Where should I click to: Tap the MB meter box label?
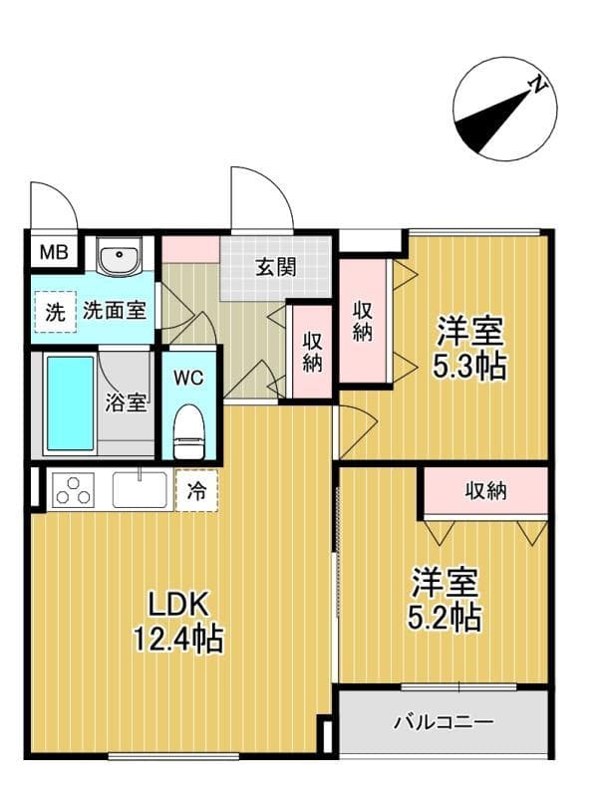(53, 252)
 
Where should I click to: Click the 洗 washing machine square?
(54, 311)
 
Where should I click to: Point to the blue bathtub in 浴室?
(70, 403)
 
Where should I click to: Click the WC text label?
(188, 380)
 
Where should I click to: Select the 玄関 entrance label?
(275, 267)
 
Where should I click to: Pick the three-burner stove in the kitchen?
(72, 490)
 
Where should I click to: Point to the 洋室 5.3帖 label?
(469, 348)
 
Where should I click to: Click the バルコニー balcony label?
(444, 720)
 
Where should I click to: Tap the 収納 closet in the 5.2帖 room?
(485, 490)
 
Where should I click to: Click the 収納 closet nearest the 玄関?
(313, 352)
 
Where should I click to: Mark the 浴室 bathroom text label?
(127, 403)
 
